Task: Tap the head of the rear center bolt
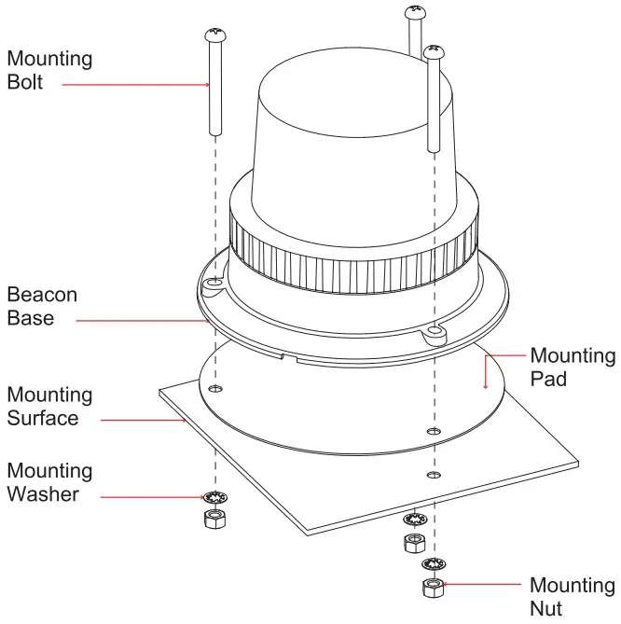(x=414, y=12)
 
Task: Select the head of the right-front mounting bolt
(x=433, y=48)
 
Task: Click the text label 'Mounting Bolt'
(x=49, y=70)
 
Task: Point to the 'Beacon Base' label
(x=42, y=306)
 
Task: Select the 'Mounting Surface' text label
(x=49, y=406)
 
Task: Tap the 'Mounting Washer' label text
(x=49, y=482)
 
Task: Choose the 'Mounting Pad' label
(x=573, y=367)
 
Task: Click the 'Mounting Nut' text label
(x=572, y=596)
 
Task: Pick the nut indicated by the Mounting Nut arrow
(x=432, y=587)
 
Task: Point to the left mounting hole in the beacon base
(x=214, y=279)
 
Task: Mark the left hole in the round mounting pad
(x=215, y=387)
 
